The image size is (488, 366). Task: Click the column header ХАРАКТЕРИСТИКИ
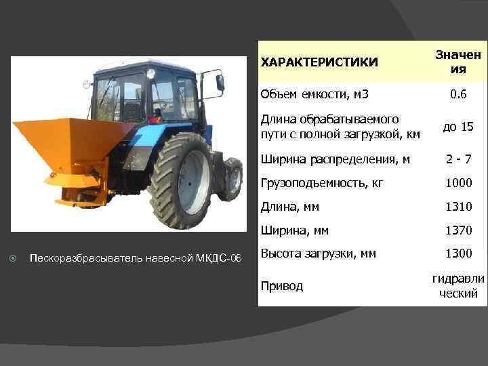tap(319, 62)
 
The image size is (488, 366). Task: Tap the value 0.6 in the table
tap(458, 95)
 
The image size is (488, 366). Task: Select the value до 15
tap(458, 127)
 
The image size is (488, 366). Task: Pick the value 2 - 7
tap(458, 159)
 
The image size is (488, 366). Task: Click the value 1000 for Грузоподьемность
tap(458, 183)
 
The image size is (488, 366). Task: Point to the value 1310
tap(458, 207)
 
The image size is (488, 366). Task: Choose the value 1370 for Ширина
tap(458, 230)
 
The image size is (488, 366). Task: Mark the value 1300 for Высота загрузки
tap(458, 254)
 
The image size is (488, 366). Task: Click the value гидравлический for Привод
tap(458, 286)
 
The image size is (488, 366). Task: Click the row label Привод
tap(281, 286)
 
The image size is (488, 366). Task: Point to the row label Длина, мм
tap(289, 207)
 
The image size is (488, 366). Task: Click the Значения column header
tap(458, 62)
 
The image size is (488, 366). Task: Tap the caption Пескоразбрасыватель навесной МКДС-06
tap(136, 258)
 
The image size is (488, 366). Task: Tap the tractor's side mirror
tap(220, 82)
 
